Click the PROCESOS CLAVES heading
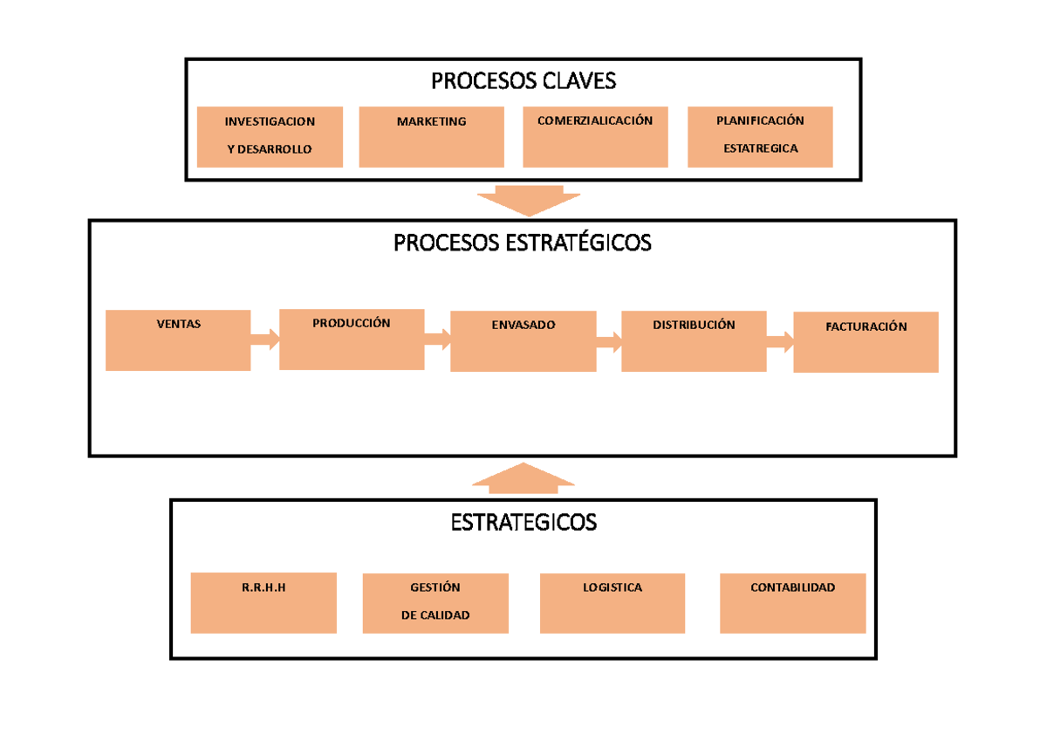click(523, 81)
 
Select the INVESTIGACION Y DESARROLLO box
click(270, 136)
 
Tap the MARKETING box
click(431, 136)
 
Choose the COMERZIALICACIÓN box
click(595, 136)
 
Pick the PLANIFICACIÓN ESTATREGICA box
click(760, 136)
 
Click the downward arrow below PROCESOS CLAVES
click(529, 200)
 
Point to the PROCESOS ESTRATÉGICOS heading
click(522, 243)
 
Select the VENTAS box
click(178, 340)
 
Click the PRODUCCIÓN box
click(352, 339)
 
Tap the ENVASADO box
click(523, 341)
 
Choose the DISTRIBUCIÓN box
click(694, 340)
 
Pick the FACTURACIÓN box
click(866, 342)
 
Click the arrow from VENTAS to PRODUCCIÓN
click(265, 340)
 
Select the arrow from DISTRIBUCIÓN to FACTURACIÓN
click(780, 341)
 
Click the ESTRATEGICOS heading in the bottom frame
click(523, 522)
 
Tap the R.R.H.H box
click(263, 602)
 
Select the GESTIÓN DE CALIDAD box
click(435, 603)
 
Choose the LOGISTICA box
click(612, 602)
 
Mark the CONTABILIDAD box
click(792, 602)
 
